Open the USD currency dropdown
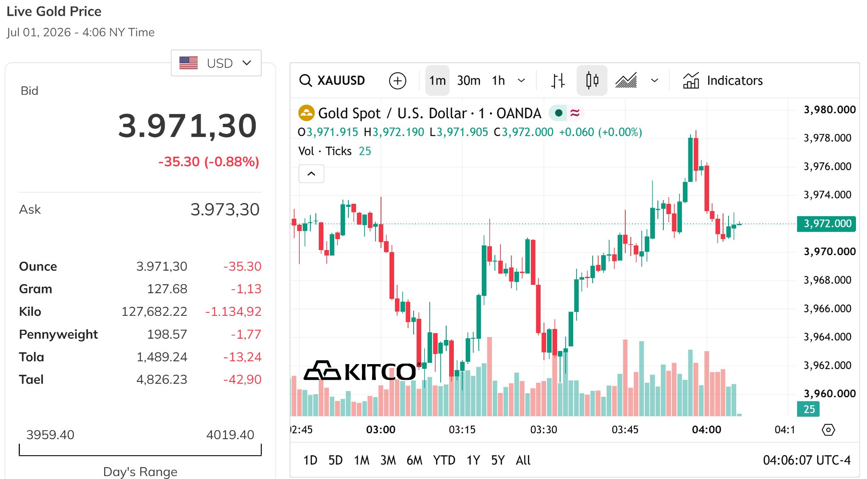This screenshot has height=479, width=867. [216, 63]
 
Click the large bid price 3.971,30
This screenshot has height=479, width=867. [188, 126]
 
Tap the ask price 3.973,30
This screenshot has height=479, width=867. [225, 209]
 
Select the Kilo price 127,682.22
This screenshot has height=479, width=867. [154, 312]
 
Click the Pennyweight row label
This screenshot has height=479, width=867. [58, 334]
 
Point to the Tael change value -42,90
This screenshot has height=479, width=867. [242, 379]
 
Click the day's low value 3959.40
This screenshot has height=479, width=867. [50, 434]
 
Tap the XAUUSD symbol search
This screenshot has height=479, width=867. [332, 80]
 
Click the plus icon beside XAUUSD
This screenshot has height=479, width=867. [398, 81]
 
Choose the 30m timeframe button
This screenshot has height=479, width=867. [469, 81]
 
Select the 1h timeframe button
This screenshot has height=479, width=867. [498, 81]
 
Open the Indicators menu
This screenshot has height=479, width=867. [723, 81]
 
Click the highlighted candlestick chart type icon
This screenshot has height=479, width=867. [592, 80]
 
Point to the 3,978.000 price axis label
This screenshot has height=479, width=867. [827, 138]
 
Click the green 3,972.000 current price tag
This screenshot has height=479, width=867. [826, 223]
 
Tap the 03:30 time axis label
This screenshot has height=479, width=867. [544, 429]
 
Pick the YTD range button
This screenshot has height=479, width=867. [444, 460]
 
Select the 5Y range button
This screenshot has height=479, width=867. [498, 460]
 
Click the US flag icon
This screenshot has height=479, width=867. [188, 63]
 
